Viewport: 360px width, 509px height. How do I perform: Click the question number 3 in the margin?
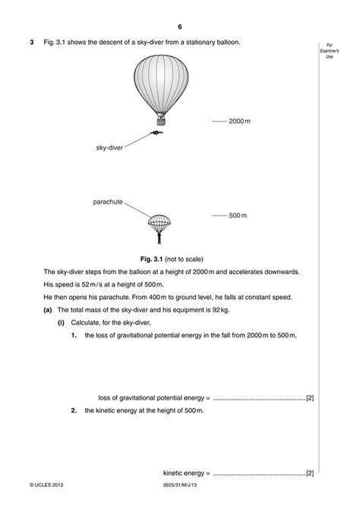point(32,42)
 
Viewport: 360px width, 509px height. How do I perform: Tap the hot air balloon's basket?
point(161,120)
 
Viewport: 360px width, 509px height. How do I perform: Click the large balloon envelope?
point(160,84)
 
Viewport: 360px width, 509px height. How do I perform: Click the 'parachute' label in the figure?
point(107,202)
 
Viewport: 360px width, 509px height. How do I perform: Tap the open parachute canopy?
point(159,222)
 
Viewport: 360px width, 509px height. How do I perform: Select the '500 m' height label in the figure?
point(239,216)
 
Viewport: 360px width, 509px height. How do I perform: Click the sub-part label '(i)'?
point(62,323)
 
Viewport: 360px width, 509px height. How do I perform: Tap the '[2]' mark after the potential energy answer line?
point(310,397)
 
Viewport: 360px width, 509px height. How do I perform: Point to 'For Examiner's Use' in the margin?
point(330,52)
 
